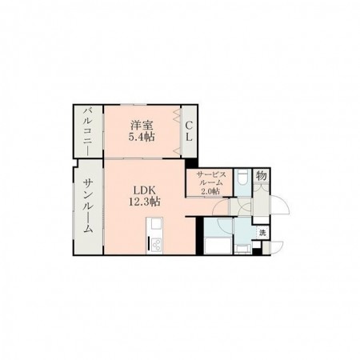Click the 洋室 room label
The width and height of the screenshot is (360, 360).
tap(142, 125)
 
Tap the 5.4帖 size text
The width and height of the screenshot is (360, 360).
tap(142, 137)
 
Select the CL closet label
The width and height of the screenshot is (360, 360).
tap(189, 131)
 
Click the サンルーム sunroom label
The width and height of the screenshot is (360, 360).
tap(88, 206)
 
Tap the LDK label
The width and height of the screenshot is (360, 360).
tap(144, 190)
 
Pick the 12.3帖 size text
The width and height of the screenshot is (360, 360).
tap(145, 202)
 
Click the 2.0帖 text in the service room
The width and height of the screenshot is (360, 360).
tap(210, 191)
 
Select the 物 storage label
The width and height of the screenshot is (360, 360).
tap(262, 176)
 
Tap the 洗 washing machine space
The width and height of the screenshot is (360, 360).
tap(262, 233)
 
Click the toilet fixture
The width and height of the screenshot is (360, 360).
tap(242, 178)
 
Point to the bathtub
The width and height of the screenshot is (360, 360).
tap(218, 246)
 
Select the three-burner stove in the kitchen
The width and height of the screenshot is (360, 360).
tap(154, 245)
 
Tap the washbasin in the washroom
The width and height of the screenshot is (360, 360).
tap(242, 249)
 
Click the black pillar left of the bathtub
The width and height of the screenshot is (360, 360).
tap(199, 236)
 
